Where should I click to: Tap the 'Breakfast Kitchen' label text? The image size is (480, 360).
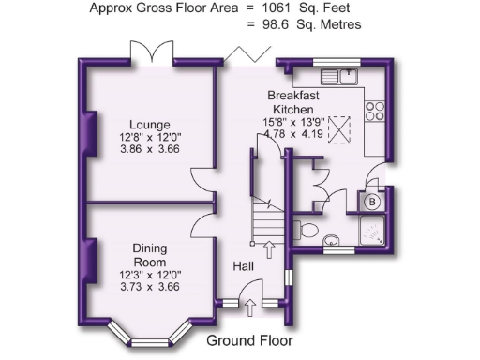297,102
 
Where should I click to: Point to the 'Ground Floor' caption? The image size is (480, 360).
249,340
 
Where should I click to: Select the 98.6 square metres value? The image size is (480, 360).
285,24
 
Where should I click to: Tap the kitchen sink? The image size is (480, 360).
338,73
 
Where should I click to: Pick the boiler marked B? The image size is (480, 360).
372,201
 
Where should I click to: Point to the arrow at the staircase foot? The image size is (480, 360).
270,248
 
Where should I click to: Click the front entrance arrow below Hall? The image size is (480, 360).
249,307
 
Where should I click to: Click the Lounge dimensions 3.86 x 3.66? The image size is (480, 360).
149,149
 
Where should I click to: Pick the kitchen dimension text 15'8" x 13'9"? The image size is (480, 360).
297,121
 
